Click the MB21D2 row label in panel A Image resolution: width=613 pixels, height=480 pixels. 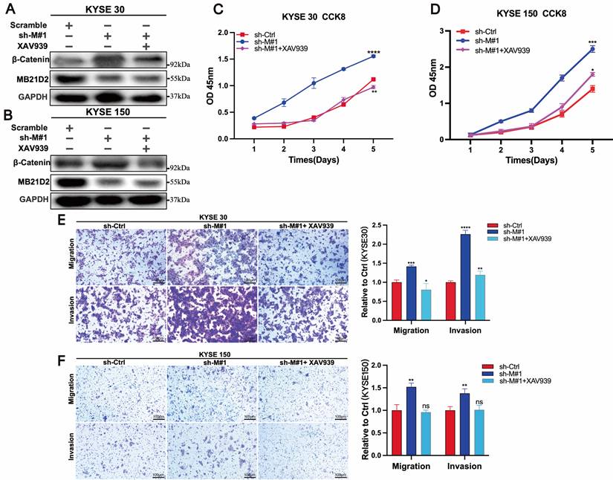pos(30,78)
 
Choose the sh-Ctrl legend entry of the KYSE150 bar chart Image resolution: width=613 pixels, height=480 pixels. pos(510,366)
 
